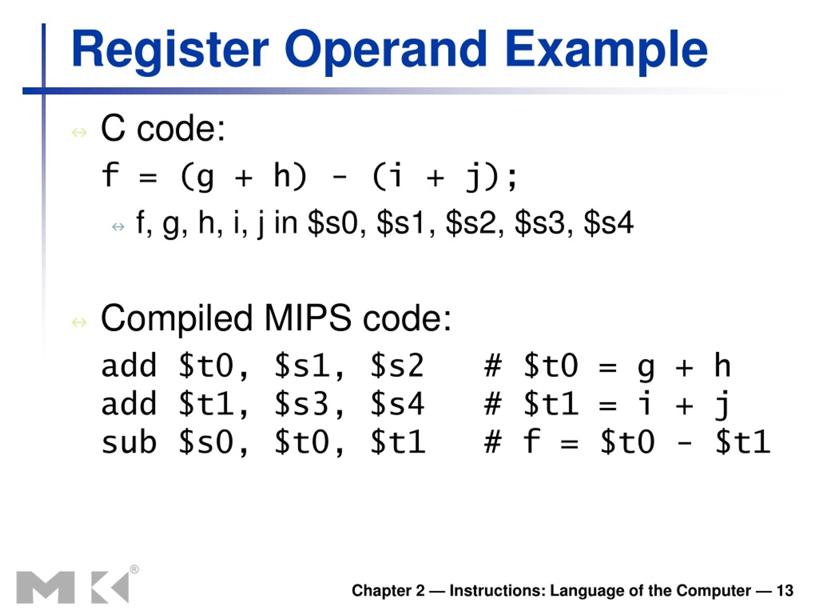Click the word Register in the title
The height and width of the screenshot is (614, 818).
tap(170, 50)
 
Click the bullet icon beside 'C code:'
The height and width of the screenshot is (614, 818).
tap(79, 132)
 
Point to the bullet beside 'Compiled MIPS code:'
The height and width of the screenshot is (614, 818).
tap(79, 322)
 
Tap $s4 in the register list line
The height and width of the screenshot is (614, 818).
tap(609, 223)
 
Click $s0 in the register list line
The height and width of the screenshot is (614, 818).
tap(332, 223)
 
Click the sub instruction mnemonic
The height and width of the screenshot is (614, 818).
tap(129, 442)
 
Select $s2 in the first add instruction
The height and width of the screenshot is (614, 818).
tap(397, 366)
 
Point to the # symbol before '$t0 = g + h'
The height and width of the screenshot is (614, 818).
tap(493, 366)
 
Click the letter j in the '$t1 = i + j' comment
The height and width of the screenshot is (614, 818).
tap(722, 405)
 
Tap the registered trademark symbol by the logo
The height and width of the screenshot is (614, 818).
tap(134, 569)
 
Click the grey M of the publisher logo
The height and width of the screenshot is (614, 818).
tap(45, 587)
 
